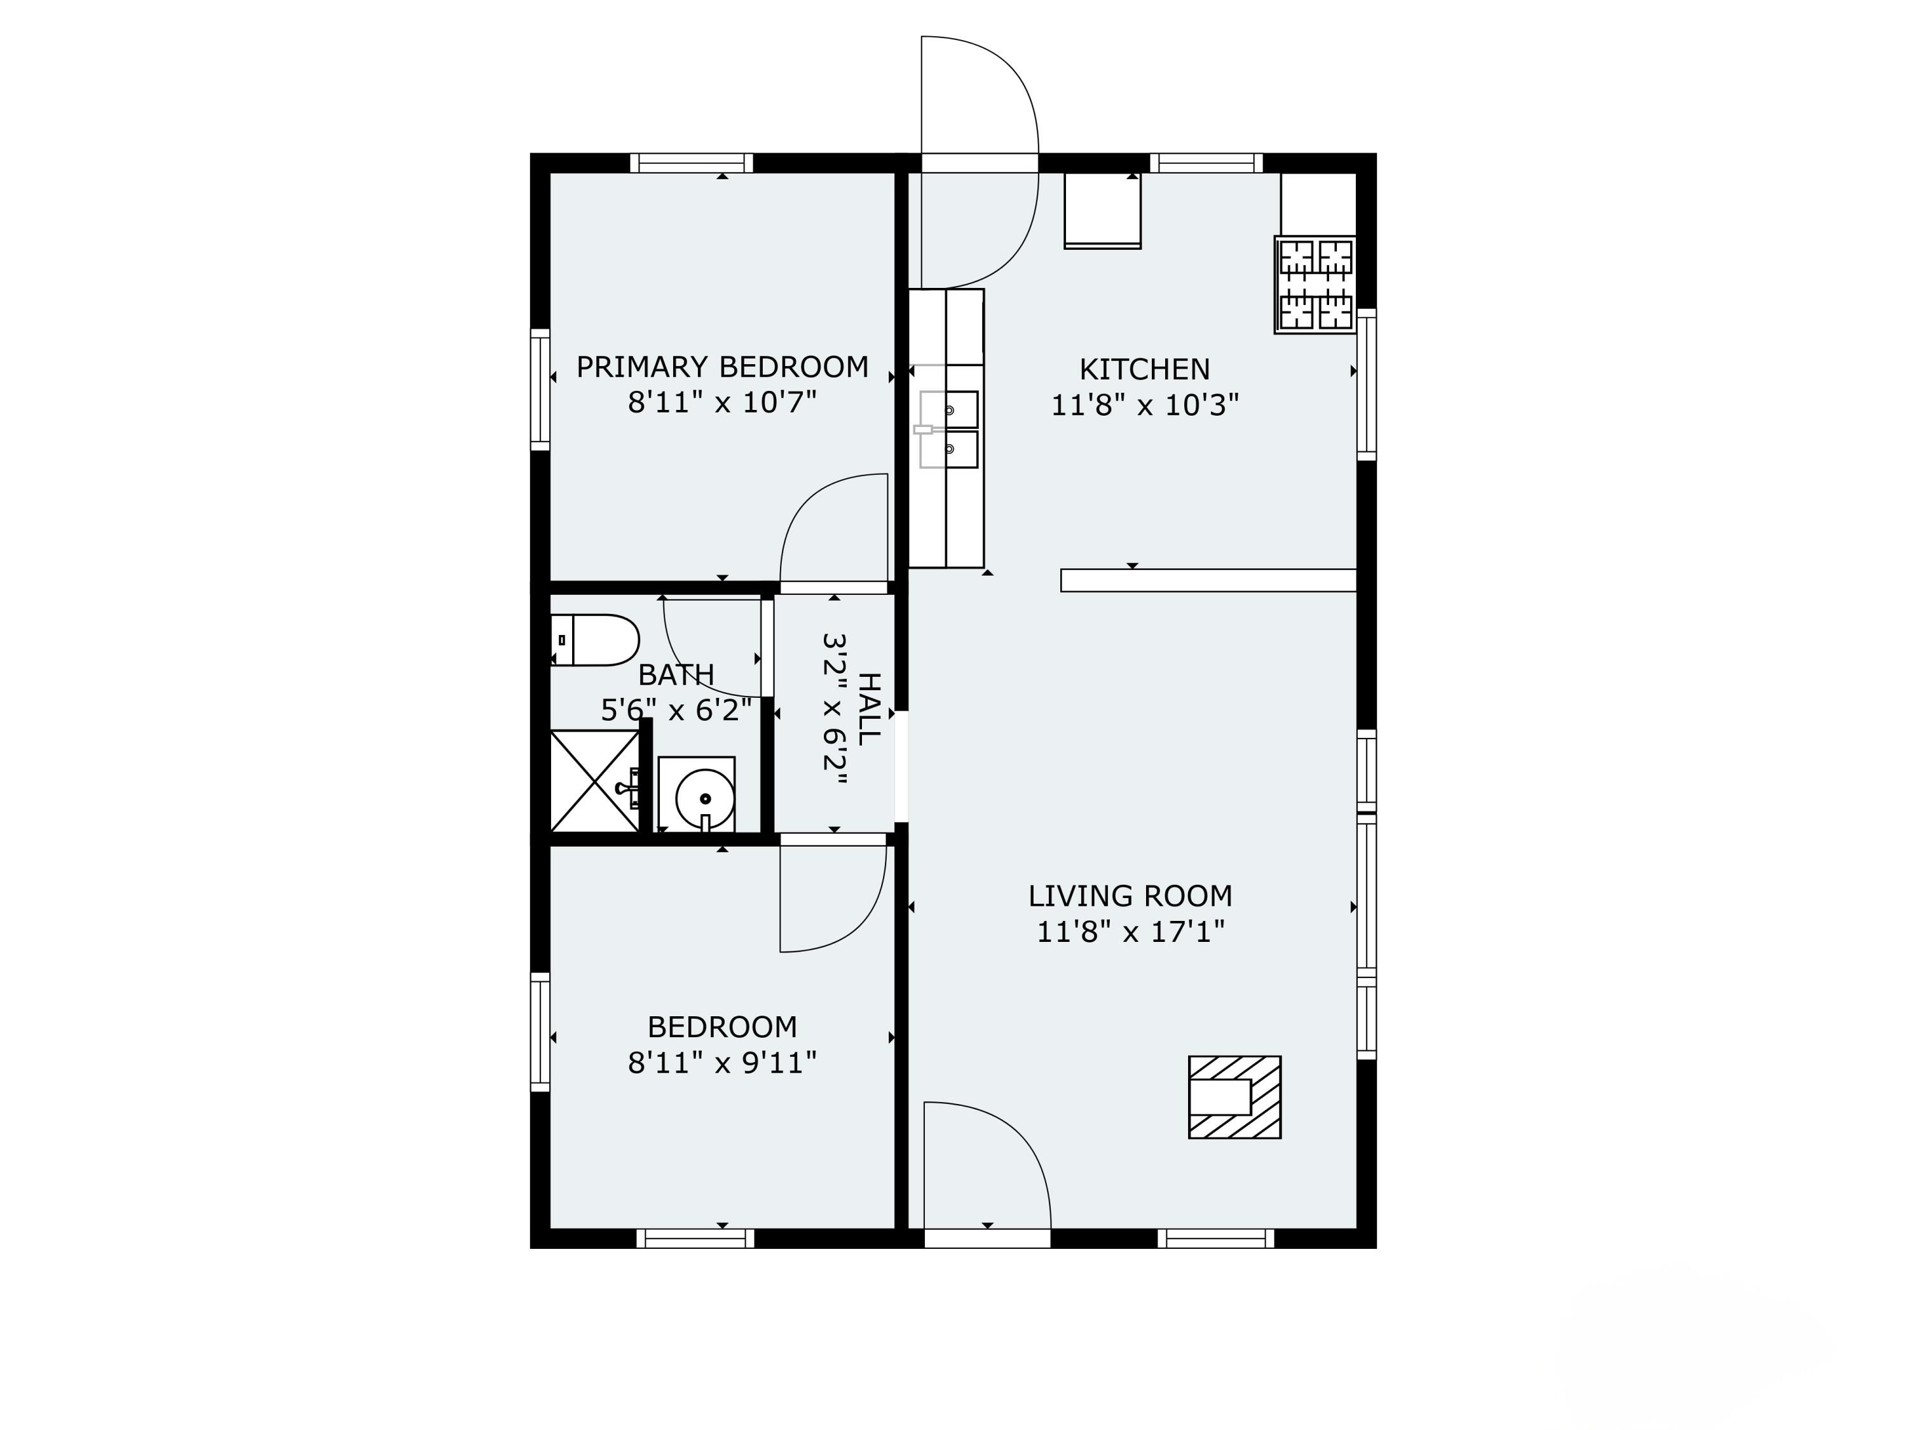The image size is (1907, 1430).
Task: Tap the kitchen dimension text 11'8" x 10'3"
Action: (x=1144, y=405)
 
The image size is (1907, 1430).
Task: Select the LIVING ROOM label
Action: (x=1130, y=896)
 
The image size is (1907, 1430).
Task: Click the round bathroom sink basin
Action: (x=704, y=798)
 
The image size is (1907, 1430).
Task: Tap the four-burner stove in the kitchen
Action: (x=1315, y=285)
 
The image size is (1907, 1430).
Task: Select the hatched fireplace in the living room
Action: (x=1234, y=1097)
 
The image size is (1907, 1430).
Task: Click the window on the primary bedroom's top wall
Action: (x=692, y=163)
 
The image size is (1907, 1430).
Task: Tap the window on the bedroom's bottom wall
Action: (x=695, y=1239)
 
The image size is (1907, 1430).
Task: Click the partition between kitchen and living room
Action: (x=1208, y=580)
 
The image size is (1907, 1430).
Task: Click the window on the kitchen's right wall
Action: (x=1367, y=384)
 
